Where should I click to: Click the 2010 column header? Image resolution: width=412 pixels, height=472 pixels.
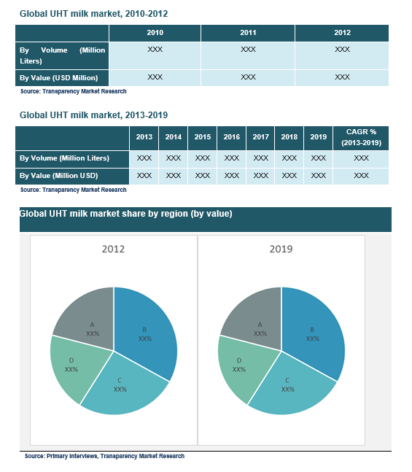point(155,33)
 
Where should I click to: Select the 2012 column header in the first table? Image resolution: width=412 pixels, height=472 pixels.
point(342,33)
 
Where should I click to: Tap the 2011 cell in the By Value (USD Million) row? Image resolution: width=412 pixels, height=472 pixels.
point(248,77)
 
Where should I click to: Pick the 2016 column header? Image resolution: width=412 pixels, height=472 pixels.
point(231,138)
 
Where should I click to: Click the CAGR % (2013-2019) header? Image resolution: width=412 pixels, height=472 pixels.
point(361,138)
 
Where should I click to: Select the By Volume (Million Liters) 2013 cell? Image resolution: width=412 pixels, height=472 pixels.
point(144,159)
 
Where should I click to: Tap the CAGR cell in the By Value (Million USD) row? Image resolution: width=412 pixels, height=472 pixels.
point(361,176)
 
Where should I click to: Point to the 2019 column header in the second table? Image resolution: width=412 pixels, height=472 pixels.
point(318,138)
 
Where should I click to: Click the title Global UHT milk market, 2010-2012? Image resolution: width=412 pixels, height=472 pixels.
point(93,14)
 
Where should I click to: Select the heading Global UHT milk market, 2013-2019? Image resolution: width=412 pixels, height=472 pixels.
point(93,115)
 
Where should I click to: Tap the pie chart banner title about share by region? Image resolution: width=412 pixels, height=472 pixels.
point(126,214)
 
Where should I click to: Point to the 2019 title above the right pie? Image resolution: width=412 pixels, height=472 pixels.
point(281,249)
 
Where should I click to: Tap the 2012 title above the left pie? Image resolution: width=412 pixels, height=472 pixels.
point(113,249)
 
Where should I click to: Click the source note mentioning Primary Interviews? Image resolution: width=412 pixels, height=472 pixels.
point(104,456)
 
